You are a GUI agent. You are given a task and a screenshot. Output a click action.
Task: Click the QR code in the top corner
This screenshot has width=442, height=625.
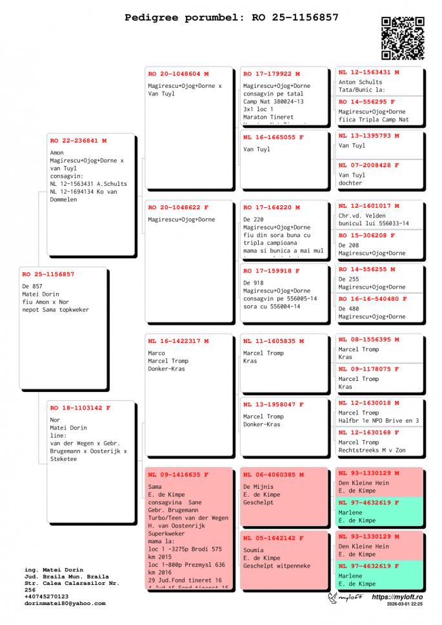(x=403, y=38)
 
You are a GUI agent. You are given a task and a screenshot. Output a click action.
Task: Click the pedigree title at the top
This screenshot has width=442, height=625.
(x=232, y=17)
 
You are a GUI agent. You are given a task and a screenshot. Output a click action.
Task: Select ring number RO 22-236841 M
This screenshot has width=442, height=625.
(x=78, y=140)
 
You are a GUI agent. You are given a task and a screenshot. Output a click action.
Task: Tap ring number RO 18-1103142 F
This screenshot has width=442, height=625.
(x=80, y=408)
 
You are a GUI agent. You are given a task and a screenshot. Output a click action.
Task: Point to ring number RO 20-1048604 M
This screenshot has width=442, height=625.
(x=178, y=74)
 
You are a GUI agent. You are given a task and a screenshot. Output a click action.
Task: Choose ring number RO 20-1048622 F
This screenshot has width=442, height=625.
(x=178, y=208)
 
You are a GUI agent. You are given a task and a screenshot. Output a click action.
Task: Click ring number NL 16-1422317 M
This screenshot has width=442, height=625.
(x=178, y=341)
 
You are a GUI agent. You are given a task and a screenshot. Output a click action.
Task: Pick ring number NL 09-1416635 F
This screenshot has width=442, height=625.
(x=178, y=475)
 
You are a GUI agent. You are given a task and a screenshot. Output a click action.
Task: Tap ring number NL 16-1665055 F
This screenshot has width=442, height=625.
(x=274, y=138)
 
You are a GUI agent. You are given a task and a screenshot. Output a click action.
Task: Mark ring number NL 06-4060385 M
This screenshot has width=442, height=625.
(x=274, y=475)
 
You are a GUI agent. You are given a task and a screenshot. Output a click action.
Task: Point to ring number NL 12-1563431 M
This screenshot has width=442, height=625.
(x=369, y=72)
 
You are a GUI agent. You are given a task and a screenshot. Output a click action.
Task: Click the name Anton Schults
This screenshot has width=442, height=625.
(x=360, y=82)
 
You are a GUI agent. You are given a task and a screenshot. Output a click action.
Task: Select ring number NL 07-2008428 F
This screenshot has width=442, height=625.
(x=369, y=165)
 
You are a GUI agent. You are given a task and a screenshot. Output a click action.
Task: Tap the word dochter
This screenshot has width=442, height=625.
(x=351, y=183)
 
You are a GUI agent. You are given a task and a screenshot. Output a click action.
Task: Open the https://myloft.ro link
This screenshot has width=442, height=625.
(x=397, y=597)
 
